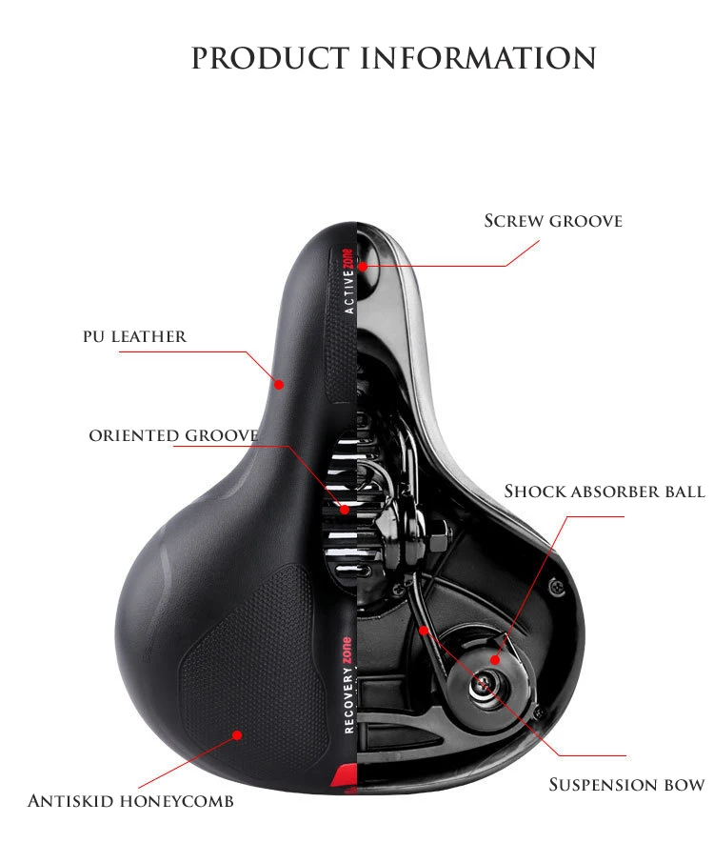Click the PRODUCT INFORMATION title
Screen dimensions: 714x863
pos(393,58)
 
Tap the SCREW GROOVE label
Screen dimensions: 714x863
pos(553,221)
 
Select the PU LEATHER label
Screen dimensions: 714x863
pos(135,336)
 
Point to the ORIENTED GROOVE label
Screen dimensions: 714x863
pos(174,435)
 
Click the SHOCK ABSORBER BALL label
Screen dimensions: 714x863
pos(605,491)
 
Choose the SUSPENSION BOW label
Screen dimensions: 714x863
pos(626,784)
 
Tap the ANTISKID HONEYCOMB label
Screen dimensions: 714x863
pos(131,800)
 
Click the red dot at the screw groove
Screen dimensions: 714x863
pos(363,267)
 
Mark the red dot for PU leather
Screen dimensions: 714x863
pos(279,384)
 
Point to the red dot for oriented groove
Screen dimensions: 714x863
pos(345,509)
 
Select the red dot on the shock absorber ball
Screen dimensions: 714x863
pos(495,659)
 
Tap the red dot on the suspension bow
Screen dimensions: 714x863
pos(424,631)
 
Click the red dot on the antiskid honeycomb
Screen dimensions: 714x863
pos(237,734)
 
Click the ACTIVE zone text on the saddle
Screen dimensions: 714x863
pos(347,281)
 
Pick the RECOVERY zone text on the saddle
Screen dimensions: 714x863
pos(347,685)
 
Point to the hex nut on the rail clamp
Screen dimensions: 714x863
pos(439,537)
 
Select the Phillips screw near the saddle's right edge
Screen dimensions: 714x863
pos(557,585)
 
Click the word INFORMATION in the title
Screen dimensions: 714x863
pos(478,58)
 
